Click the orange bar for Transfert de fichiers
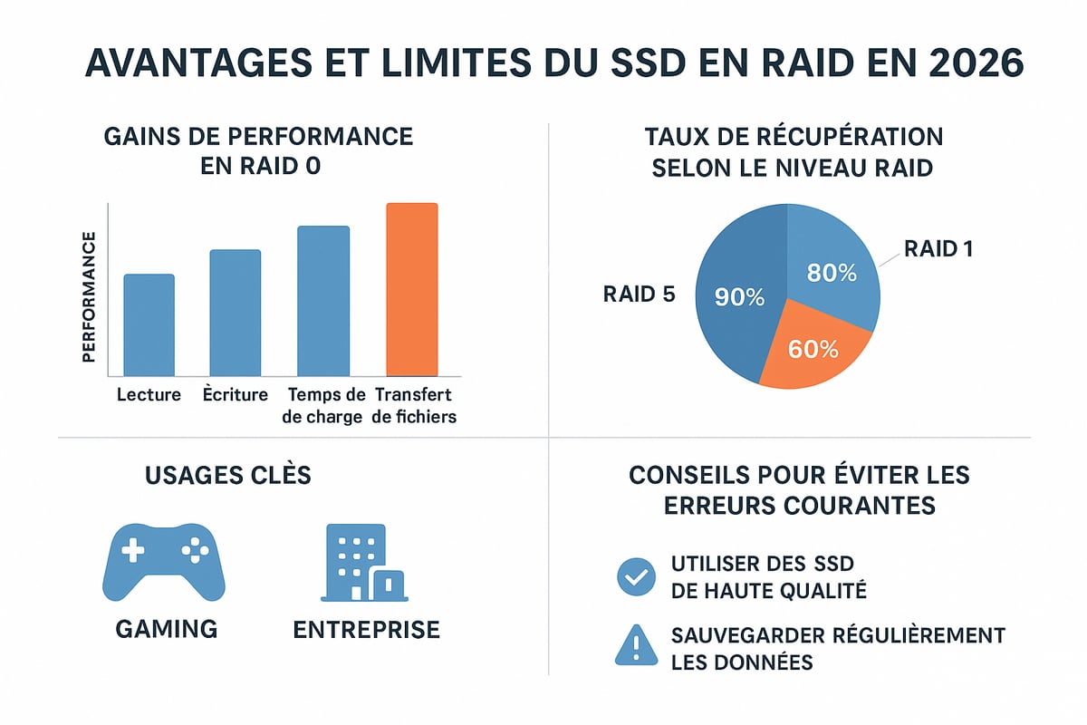point(412,289)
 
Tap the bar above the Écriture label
point(236,313)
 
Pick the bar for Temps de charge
point(323,301)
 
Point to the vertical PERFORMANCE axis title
point(89,296)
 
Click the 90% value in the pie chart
point(740,296)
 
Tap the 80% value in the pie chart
point(832,272)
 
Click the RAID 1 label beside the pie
point(938,248)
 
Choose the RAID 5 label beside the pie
point(640,295)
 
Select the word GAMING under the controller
point(167,629)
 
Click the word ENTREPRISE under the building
point(366,629)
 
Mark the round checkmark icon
point(635,576)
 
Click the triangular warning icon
point(635,645)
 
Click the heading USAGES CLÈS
point(227,474)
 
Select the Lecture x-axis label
point(149,395)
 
